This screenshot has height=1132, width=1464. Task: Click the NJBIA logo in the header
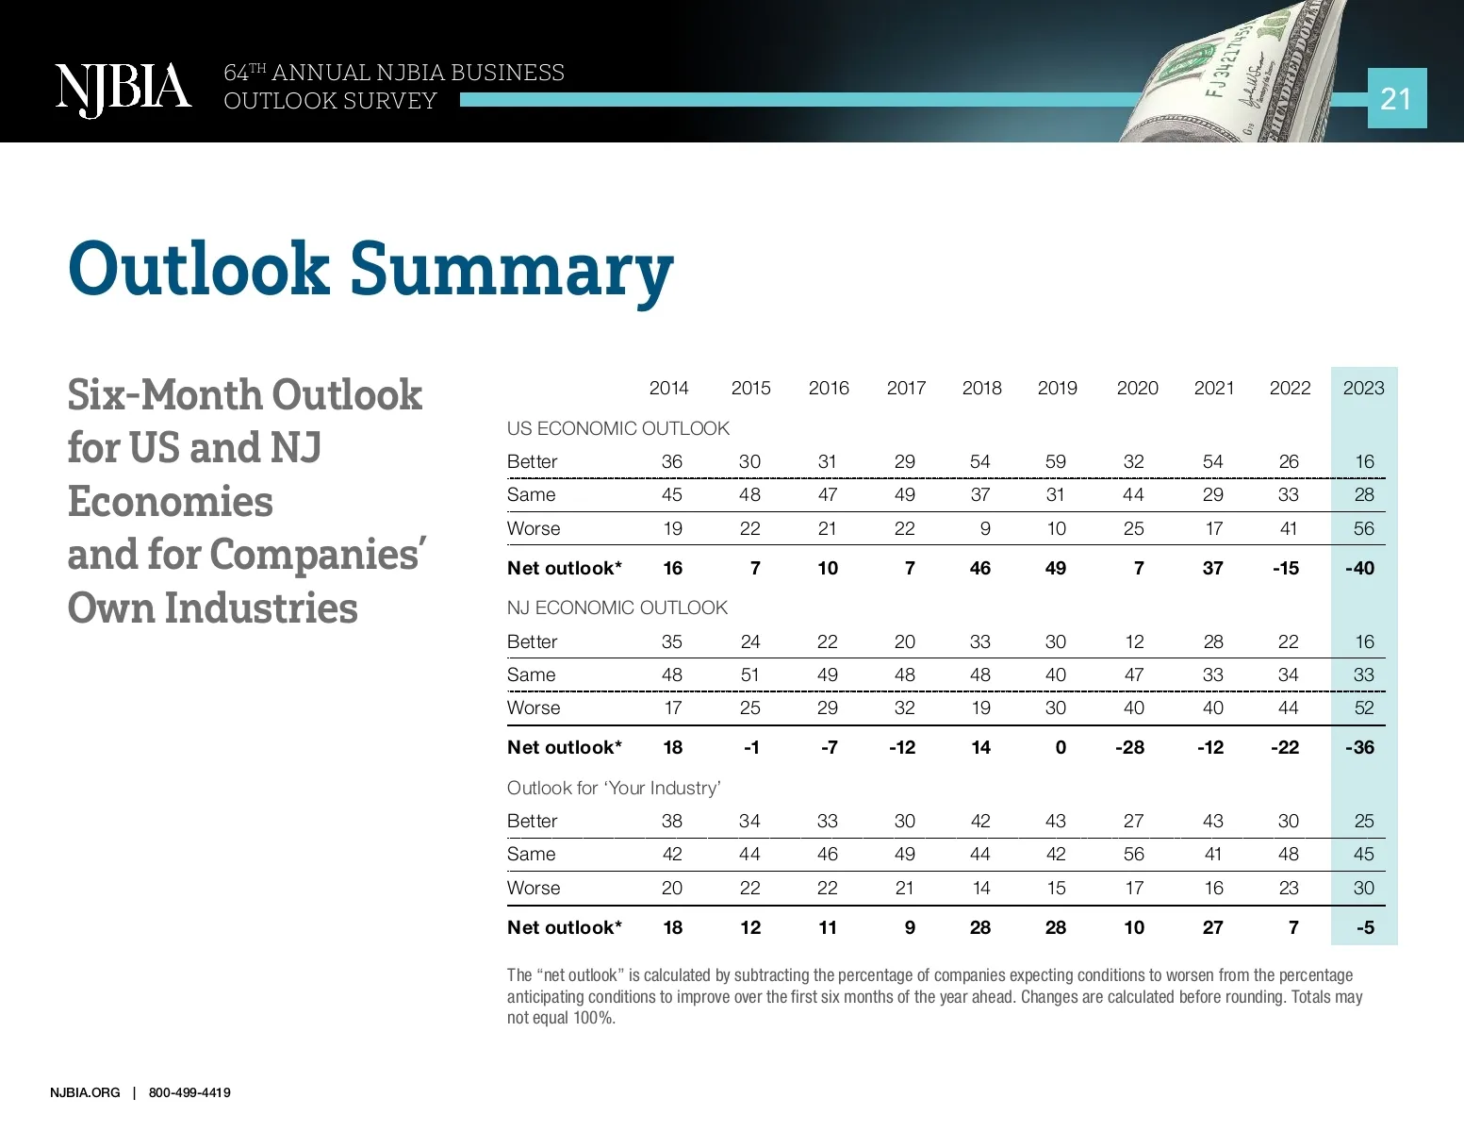coord(123,90)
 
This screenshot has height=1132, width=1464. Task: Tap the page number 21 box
coord(1396,98)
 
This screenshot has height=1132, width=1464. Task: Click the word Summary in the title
coord(511,270)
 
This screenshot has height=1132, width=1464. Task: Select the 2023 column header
coord(1363,388)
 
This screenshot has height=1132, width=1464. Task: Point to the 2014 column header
coord(668,388)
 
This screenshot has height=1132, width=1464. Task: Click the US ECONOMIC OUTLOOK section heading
coord(617,428)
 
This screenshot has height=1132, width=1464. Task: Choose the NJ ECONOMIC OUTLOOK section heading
coord(617,608)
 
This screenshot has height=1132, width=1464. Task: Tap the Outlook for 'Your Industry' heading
coord(614,788)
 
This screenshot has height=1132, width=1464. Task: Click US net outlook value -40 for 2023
coord(1359,568)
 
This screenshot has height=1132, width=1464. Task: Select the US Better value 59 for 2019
coord(1056,461)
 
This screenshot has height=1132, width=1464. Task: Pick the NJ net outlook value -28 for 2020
coord(1129,747)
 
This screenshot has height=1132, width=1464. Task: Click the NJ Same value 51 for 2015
coord(749,674)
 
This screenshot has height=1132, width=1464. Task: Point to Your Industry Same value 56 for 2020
coord(1133,854)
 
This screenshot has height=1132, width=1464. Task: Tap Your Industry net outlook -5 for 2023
coord(1364,927)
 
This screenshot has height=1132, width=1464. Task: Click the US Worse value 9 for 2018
coord(985,528)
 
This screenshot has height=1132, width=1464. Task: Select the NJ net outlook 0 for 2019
coord(1061,747)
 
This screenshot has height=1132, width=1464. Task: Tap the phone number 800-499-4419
coord(189,1092)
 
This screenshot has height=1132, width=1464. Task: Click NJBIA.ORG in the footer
coord(85,1092)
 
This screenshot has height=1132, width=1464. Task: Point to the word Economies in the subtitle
coord(171,502)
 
